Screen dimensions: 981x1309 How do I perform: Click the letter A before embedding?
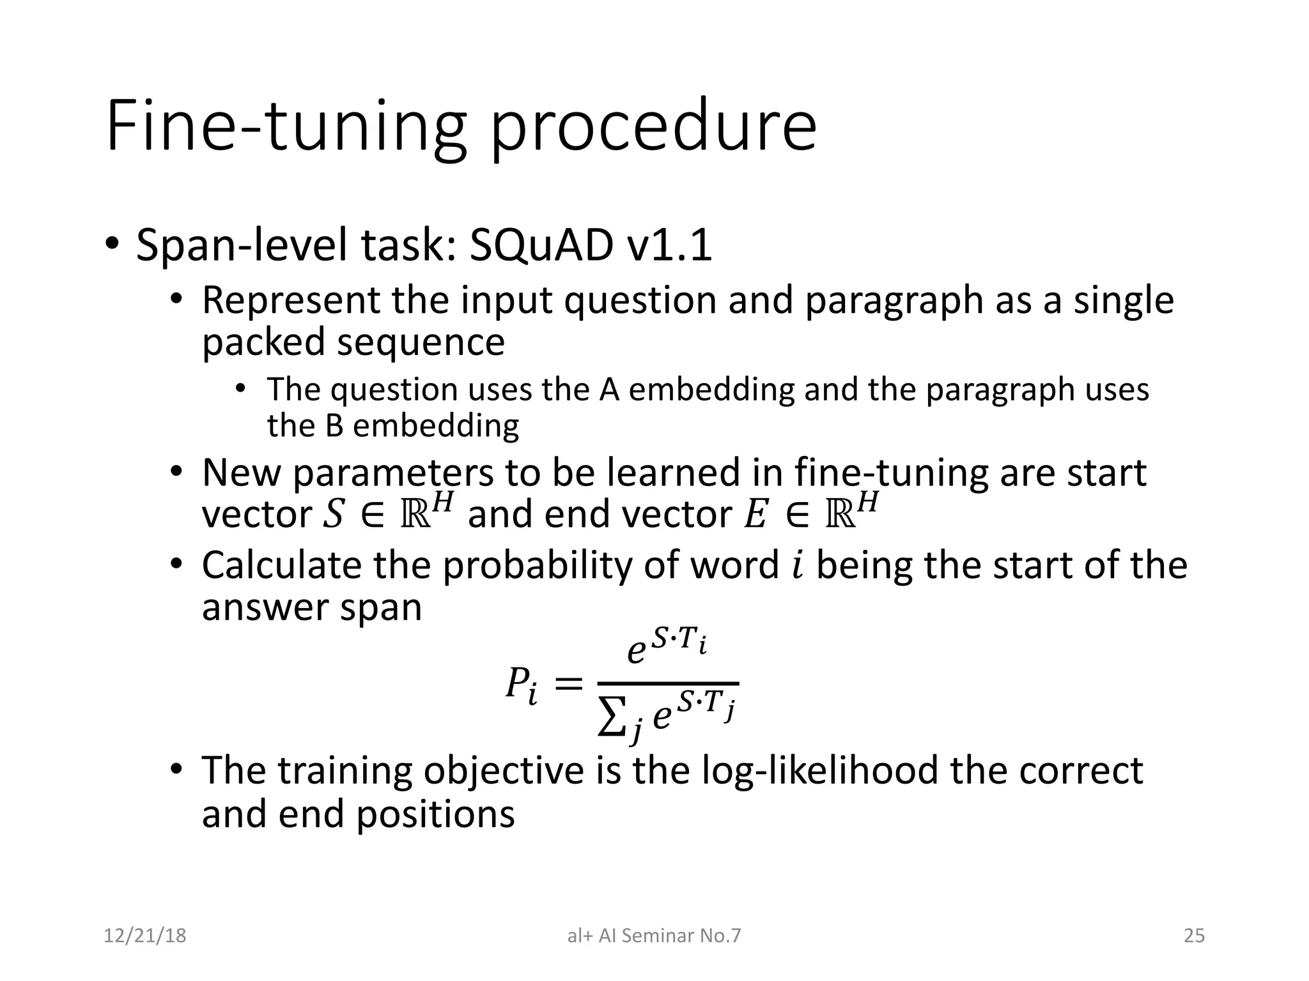click(609, 390)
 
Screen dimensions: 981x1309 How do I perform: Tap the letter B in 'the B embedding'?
click(334, 426)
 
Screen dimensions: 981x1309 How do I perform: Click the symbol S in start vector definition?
click(332, 515)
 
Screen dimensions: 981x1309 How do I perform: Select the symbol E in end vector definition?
click(755, 515)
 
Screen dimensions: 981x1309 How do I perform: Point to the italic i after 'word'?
click(796, 566)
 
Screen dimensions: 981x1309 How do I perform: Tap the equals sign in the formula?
click(568, 685)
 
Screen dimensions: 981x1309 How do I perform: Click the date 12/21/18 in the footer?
click(145, 936)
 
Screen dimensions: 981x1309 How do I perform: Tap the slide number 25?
click(1194, 936)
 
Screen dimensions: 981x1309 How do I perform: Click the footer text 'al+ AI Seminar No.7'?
click(654, 936)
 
